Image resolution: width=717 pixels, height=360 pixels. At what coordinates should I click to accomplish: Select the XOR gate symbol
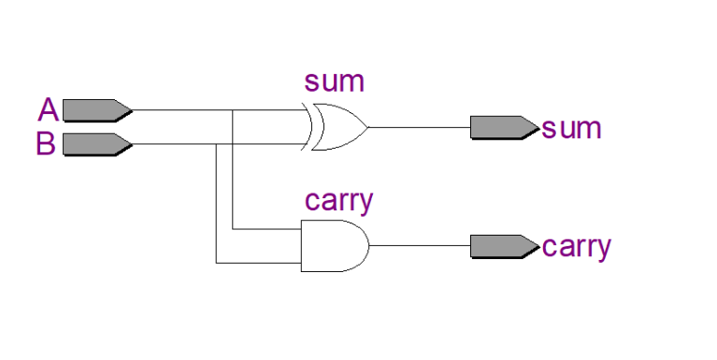pyautogui.click(x=338, y=127)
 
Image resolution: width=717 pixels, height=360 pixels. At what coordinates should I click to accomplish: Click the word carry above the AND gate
pyautogui.click(x=339, y=201)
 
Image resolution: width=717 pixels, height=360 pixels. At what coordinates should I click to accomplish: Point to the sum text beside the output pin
pyautogui.click(x=572, y=128)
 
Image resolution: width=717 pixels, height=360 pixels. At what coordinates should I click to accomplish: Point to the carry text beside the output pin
pyautogui.click(x=577, y=248)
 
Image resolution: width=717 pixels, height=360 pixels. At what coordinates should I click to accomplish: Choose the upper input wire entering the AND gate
pyautogui.click(x=266, y=228)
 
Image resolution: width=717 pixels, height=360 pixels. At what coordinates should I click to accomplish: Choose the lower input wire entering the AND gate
pyautogui.click(x=258, y=263)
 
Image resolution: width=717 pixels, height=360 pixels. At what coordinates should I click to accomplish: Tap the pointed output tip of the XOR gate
pyautogui.click(x=366, y=127)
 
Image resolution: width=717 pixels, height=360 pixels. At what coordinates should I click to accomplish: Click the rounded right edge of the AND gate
pyautogui.click(x=367, y=246)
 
